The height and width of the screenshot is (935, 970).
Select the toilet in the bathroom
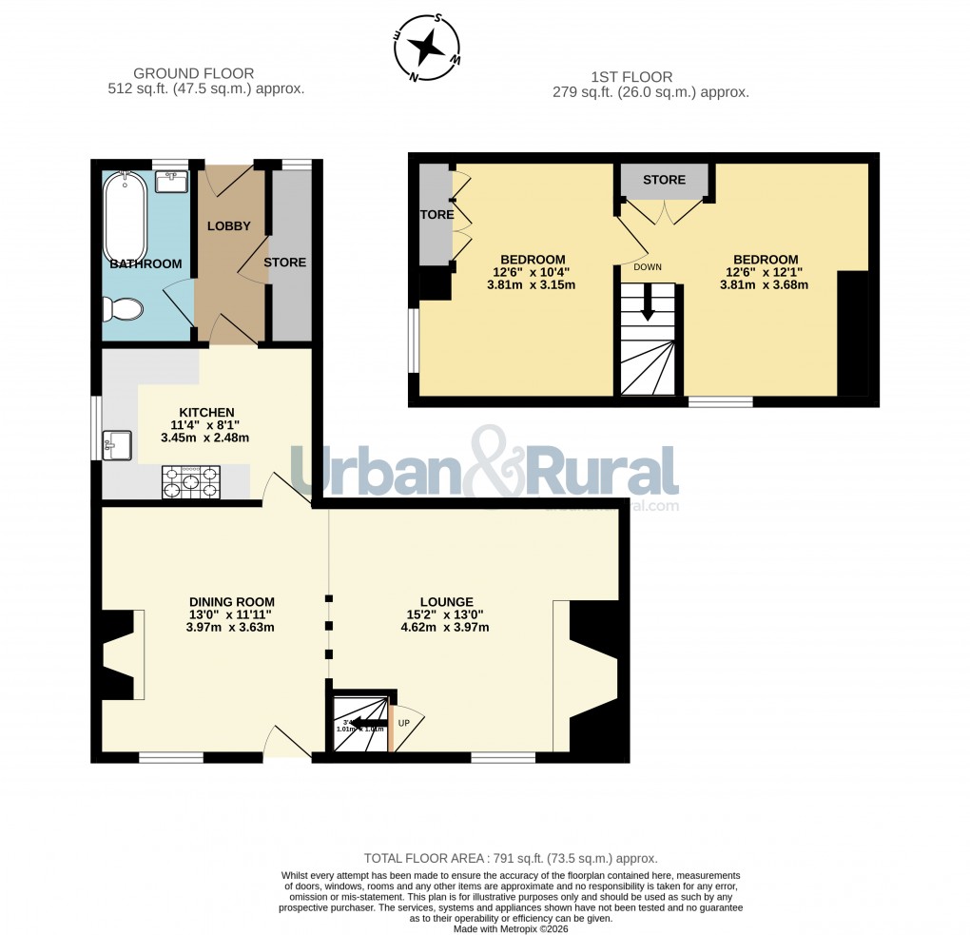click(123, 308)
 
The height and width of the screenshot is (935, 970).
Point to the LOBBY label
click(229, 226)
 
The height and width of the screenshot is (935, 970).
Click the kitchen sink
click(119, 443)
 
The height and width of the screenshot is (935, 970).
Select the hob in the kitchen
click(192, 481)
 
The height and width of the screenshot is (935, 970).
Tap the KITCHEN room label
click(206, 412)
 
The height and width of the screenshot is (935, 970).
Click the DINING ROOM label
click(231, 601)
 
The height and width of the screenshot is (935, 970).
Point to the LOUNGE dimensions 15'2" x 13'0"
click(447, 614)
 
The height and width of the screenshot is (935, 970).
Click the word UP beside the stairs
click(403, 723)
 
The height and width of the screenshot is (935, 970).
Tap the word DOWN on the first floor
click(648, 267)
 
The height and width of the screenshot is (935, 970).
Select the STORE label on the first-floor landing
click(664, 180)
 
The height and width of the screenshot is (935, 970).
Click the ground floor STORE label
click(285, 263)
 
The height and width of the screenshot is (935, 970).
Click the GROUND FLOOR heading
click(194, 73)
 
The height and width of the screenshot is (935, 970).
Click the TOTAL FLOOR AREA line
click(511, 857)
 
